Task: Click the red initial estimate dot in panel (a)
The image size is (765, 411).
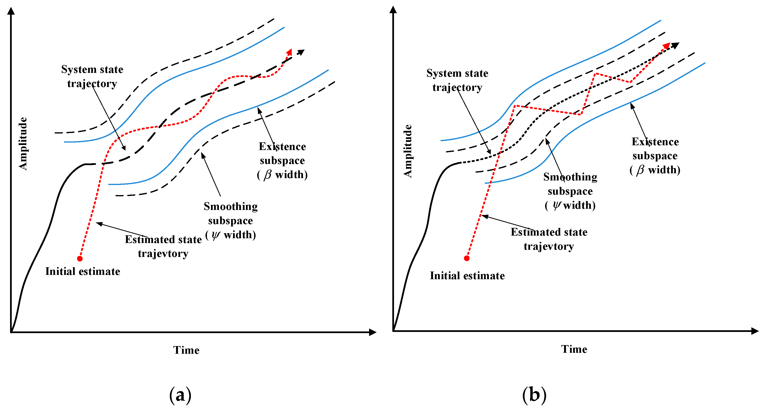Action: tap(80, 259)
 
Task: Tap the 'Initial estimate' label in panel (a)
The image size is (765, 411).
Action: tap(83, 271)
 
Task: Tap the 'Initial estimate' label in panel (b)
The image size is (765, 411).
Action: tap(467, 276)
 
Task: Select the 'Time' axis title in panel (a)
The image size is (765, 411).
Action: tap(186, 350)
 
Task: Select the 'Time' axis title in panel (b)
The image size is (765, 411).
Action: tap(574, 349)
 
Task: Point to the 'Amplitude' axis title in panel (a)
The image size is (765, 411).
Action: tap(23, 144)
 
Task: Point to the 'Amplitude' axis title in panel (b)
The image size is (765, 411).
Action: tap(408, 151)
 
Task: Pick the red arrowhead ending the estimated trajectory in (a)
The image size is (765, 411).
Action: tap(289, 52)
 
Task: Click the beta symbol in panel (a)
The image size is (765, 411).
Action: tap(267, 174)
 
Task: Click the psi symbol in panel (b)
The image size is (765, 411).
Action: tap(557, 205)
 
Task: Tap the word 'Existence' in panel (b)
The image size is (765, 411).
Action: tap(655, 142)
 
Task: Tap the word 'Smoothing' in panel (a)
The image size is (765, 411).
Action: tap(230, 206)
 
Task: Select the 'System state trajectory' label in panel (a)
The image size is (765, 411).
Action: tap(92, 76)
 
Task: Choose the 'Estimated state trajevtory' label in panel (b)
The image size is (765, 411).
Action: tap(549, 239)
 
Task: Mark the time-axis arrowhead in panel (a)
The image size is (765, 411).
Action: tap(373, 332)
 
